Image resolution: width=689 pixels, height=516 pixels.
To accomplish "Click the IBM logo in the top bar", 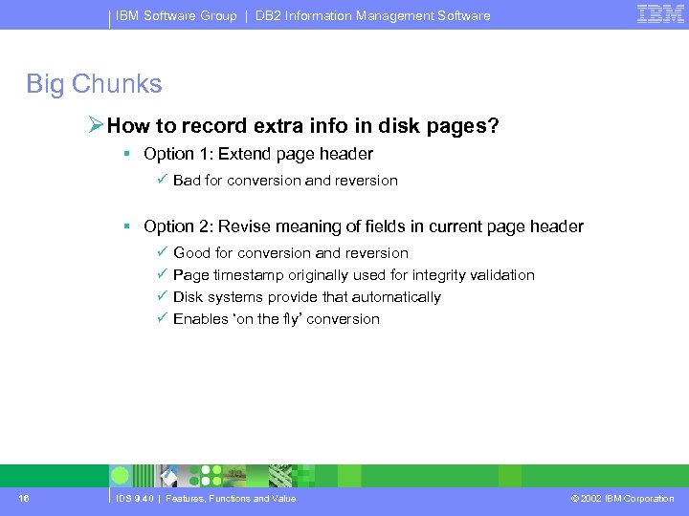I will tap(660, 13).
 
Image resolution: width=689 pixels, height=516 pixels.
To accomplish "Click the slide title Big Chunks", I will tap(94, 84).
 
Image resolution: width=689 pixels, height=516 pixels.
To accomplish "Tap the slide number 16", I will tap(23, 498).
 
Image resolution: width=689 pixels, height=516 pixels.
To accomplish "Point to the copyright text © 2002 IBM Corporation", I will tap(622, 498).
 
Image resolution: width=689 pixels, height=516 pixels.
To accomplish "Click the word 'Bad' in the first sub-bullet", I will tap(188, 181).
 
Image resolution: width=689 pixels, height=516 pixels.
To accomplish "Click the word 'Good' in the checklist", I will tap(192, 253).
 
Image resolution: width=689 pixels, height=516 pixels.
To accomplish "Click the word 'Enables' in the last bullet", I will tap(199, 319).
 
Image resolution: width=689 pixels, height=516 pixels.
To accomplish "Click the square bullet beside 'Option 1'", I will tap(126, 154).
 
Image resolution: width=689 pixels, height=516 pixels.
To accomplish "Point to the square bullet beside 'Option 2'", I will tap(126, 226).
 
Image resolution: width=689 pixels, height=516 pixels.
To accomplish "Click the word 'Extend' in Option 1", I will tap(244, 154).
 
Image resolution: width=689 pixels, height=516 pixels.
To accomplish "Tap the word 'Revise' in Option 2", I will tap(244, 226).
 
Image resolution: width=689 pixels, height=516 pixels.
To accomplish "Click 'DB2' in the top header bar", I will tap(270, 15).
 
